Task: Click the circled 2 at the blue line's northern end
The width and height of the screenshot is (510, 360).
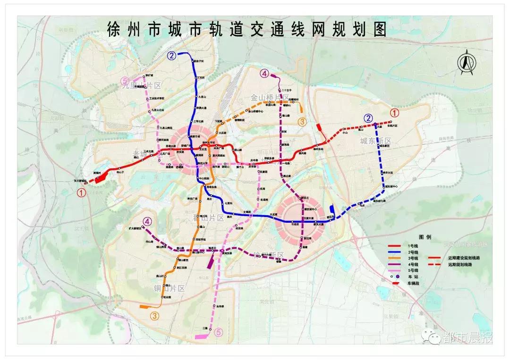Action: point(171,56)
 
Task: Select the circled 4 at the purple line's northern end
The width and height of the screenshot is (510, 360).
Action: point(264,74)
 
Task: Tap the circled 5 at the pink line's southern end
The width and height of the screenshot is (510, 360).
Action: point(218,333)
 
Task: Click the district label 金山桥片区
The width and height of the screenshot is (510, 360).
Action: point(269,98)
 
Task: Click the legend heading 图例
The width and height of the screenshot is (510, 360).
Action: point(425,237)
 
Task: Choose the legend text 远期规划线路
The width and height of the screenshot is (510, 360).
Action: point(460,265)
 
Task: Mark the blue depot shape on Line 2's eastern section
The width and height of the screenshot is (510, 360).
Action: point(332,208)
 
